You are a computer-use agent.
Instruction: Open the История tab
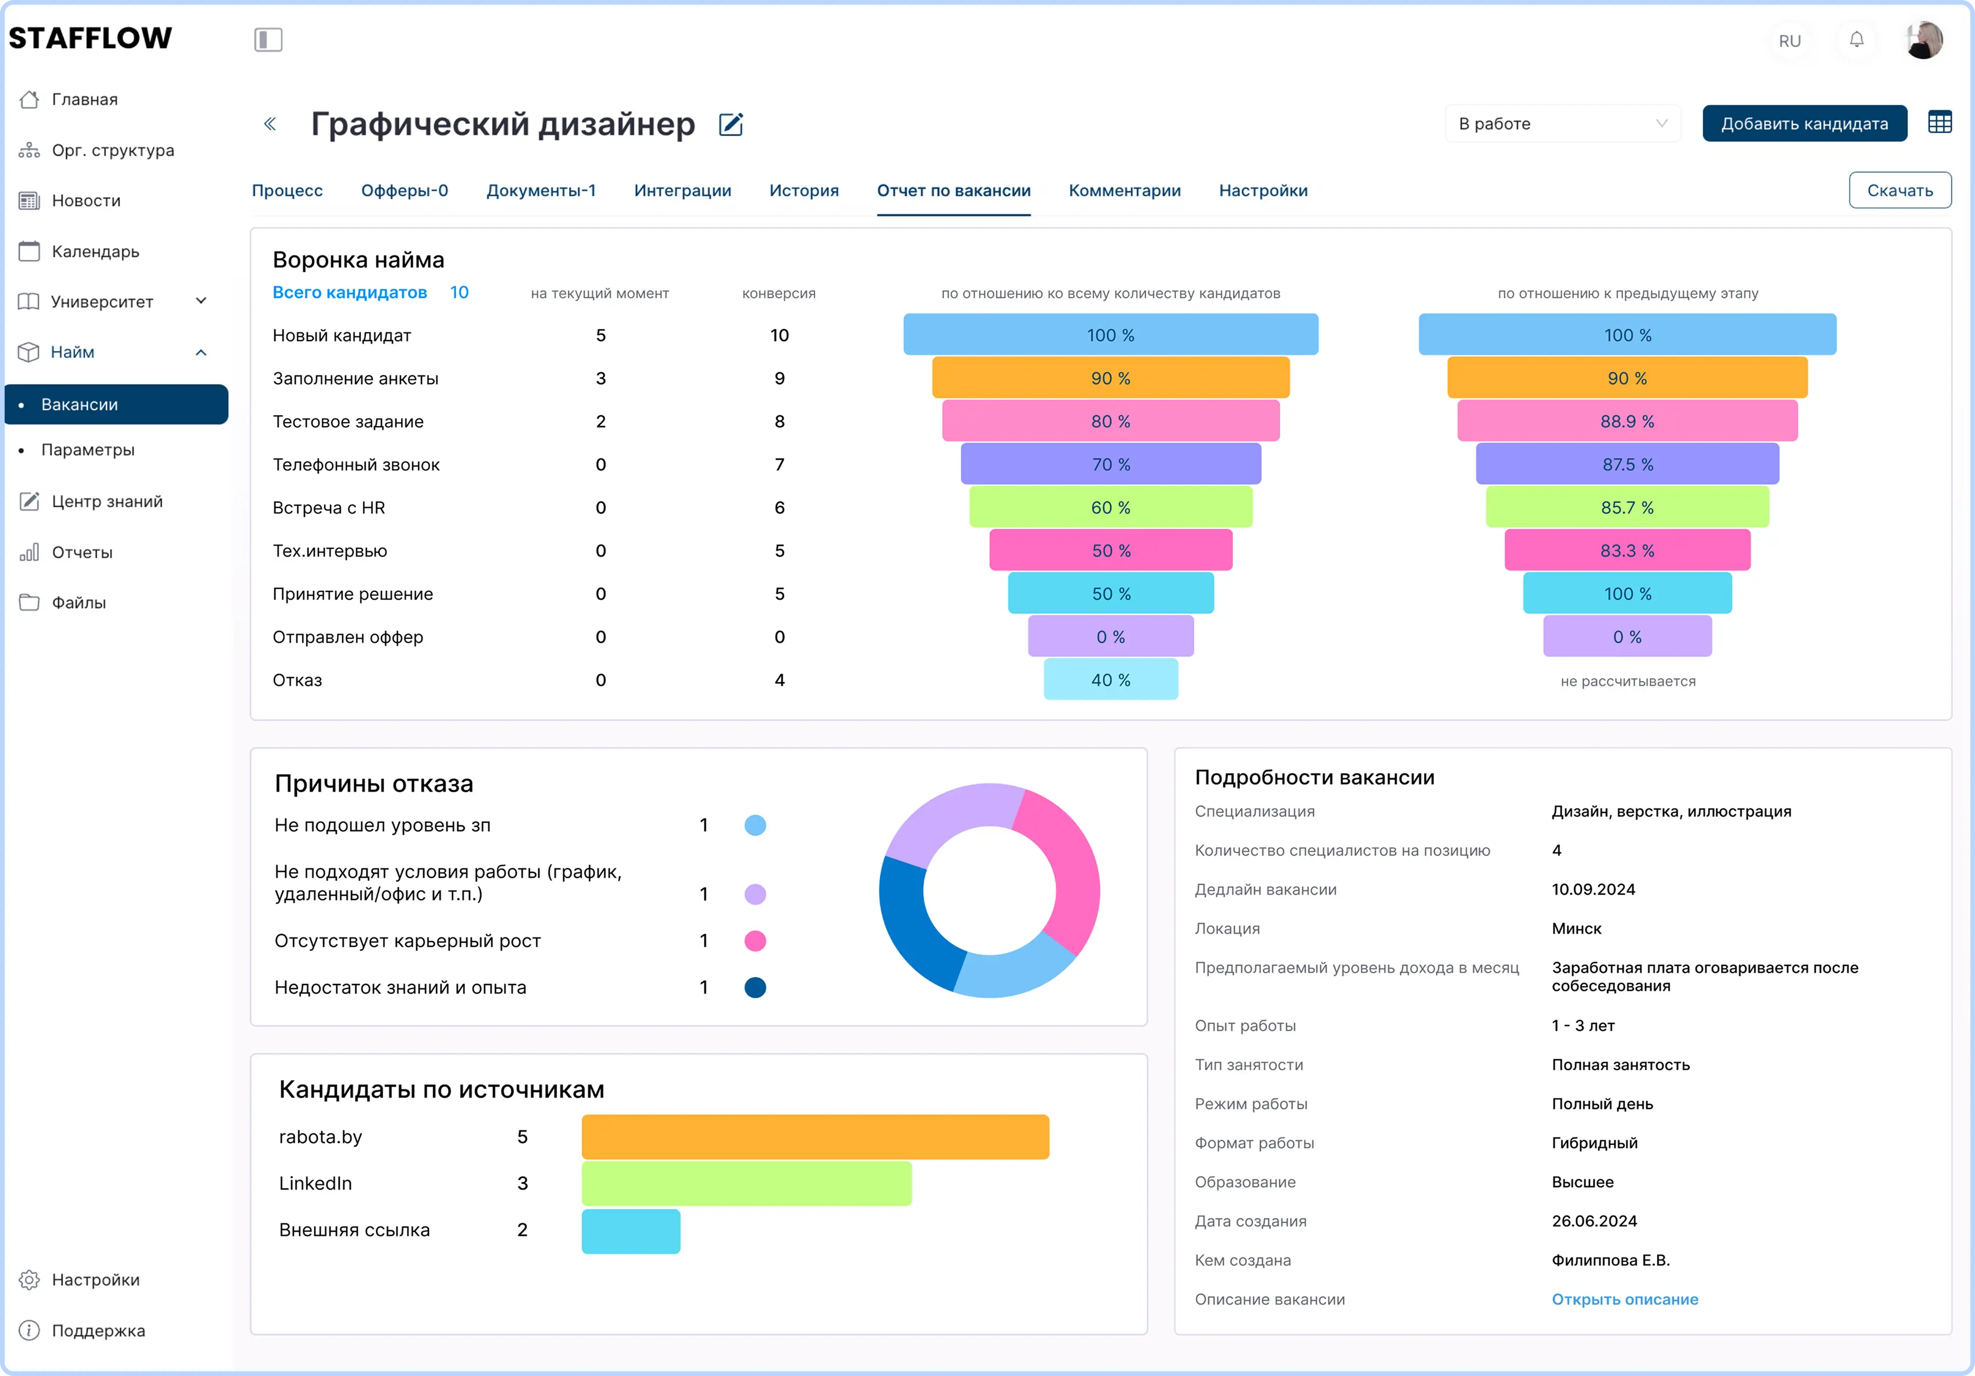(x=803, y=190)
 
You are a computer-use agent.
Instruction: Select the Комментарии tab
(x=1124, y=190)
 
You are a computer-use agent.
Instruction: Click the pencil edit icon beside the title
(x=730, y=125)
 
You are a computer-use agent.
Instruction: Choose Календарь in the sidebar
(x=94, y=251)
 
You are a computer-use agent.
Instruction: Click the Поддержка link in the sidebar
(x=98, y=1330)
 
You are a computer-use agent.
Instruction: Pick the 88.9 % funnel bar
(x=1627, y=421)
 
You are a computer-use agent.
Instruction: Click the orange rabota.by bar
(x=814, y=1137)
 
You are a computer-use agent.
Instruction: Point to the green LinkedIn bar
(x=746, y=1183)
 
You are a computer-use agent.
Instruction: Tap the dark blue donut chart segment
(x=912, y=929)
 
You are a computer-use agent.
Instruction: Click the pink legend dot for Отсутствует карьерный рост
(x=754, y=940)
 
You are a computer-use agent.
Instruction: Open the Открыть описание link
(x=1624, y=1300)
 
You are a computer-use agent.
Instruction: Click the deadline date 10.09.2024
(x=1593, y=889)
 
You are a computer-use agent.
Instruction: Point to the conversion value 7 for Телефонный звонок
(x=779, y=464)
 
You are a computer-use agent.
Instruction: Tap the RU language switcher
(x=1789, y=41)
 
